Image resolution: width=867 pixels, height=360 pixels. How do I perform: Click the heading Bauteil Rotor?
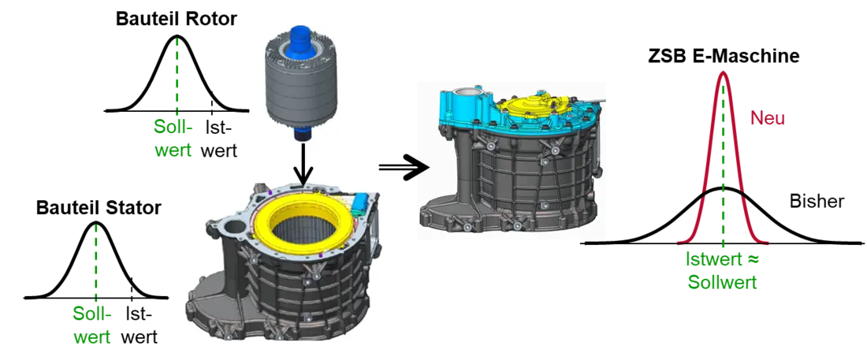(x=176, y=19)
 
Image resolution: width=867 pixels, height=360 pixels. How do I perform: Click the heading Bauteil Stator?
(x=99, y=208)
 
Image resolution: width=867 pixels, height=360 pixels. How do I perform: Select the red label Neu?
(x=768, y=118)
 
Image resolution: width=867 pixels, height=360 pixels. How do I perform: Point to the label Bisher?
(x=817, y=202)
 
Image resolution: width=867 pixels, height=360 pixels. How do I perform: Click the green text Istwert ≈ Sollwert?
(x=721, y=270)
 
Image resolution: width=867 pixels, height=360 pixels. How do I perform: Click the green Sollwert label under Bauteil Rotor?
(x=173, y=139)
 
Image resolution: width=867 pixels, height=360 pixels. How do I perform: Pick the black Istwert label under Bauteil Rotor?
(x=218, y=139)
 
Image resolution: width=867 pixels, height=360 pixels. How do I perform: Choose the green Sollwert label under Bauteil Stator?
(x=92, y=325)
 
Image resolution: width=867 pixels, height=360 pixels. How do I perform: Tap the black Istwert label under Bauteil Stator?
(x=138, y=325)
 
